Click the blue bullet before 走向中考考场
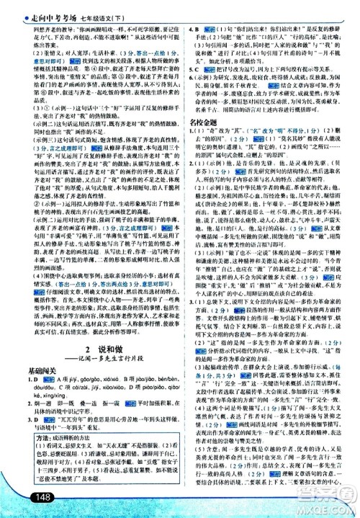click(x=6, y=7)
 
